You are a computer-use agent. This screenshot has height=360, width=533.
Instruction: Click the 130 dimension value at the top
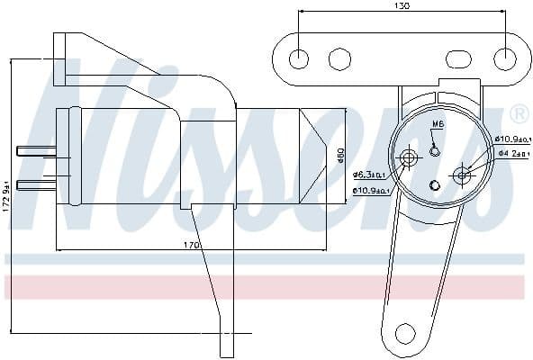point(402,7)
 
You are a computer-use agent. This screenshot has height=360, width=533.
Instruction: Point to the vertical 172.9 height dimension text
point(7,191)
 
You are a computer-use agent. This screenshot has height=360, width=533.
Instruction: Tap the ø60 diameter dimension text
point(339,156)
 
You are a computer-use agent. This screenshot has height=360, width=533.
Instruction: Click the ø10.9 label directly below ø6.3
point(369,191)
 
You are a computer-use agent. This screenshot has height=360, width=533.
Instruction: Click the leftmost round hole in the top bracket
point(299,59)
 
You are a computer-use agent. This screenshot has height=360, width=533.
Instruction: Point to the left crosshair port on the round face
point(410,159)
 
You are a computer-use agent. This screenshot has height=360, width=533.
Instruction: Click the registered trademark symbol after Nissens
point(519,113)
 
